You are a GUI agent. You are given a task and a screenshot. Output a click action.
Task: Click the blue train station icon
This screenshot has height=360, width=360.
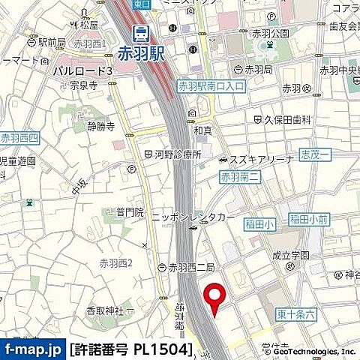pyautogui.click(x=139, y=33)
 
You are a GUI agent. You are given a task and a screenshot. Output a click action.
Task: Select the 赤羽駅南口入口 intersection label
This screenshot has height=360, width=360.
pyautogui.click(x=211, y=85)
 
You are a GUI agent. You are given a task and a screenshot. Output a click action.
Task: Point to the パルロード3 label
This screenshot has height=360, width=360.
pyautogui.click(x=82, y=70)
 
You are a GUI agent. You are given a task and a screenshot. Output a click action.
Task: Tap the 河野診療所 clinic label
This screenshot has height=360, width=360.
pyautogui.click(x=178, y=154)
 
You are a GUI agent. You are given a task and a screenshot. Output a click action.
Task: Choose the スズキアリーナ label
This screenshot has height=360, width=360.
pyautogui.click(x=255, y=160)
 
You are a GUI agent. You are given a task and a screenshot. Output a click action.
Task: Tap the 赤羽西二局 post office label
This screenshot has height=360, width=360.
pyautogui.click(x=191, y=268)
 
